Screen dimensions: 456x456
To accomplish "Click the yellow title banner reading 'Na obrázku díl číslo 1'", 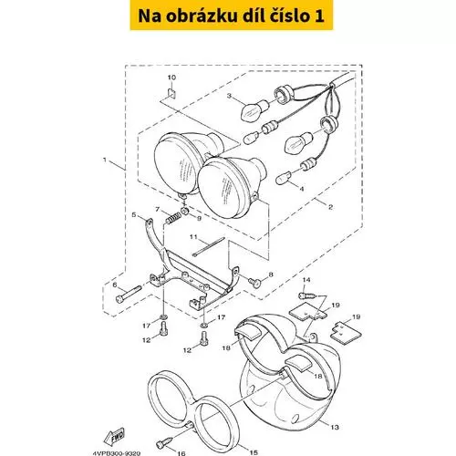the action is [x=232, y=16].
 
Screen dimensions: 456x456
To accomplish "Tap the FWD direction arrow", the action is [x=114, y=437].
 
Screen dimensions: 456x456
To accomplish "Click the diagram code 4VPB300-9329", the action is [x=117, y=453].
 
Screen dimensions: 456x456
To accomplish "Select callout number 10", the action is [x=171, y=78].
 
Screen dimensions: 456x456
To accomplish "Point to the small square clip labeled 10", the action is [x=172, y=93].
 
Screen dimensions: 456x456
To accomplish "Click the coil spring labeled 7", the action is [x=173, y=218].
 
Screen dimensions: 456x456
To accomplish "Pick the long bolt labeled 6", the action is [x=129, y=294].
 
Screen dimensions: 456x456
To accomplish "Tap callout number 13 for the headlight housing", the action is [x=335, y=427].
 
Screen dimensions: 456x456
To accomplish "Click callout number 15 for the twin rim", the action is [x=254, y=452].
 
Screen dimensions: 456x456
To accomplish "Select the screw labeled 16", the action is [x=164, y=442].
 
